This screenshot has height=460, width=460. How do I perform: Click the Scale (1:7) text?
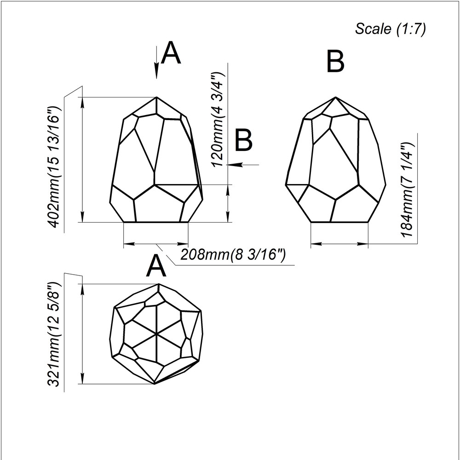(390, 29)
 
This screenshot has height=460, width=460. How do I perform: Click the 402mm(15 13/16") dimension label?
(54, 167)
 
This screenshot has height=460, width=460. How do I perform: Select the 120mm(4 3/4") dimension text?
(218, 119)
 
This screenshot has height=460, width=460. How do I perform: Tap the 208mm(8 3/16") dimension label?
(233, 254)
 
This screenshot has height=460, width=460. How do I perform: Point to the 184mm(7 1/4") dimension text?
(408, 190)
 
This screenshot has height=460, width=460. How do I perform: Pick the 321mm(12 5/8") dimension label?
(54, 334)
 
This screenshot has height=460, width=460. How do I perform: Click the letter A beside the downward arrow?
(171, 53)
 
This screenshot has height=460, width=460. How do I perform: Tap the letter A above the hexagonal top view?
(156, 266)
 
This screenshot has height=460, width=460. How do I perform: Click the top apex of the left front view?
(156, 97)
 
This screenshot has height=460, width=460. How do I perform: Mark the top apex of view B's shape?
(336, 97)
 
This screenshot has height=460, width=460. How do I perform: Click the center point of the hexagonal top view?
(157, 334)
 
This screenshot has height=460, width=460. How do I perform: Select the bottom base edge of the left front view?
(156, 222)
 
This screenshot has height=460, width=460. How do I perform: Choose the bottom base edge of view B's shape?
(339, 222)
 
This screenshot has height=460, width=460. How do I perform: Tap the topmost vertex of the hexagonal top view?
(159, 284)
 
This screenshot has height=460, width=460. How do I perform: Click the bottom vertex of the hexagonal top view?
(154, 384)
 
